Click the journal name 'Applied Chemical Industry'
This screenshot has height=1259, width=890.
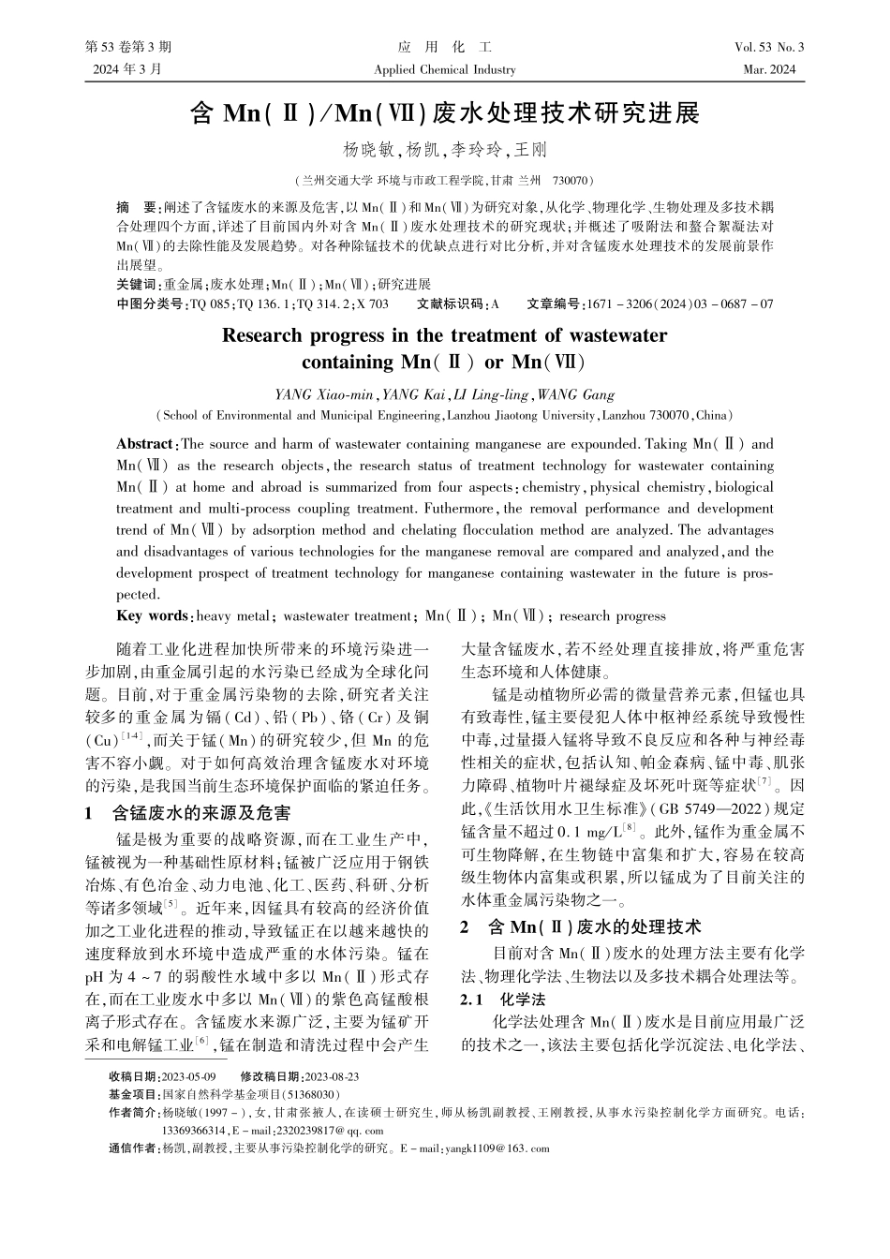pyautogui.click(x=444, y=69)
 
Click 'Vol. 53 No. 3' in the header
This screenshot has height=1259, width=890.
pyautogui.click(x=769, y=47)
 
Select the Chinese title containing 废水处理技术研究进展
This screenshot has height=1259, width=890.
pyautogui.click(x=444, y=114)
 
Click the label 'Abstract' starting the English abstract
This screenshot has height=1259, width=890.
pyautogui.click(x=144, y=444)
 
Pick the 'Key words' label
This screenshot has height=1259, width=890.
pyautogui.click(x=152, y=616)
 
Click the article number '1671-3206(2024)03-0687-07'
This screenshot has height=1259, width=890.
pyautogui.click(x=678, y=304)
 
